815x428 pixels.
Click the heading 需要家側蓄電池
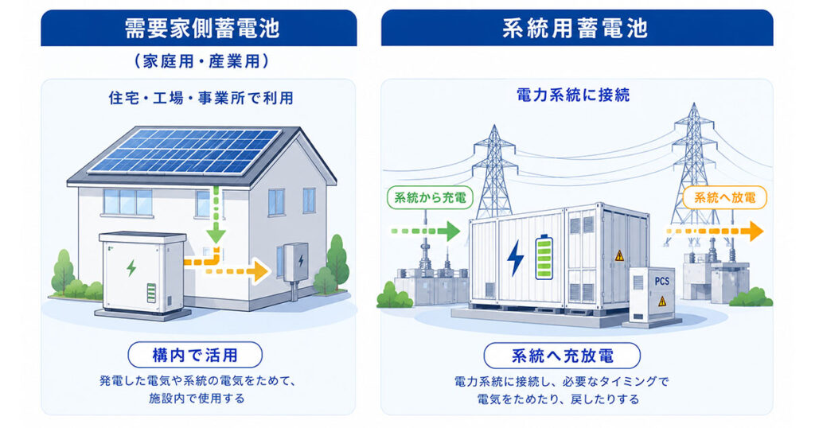click(201, 28)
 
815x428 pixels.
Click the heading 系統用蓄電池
click(575, 28)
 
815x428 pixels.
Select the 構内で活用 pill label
click(195, 356)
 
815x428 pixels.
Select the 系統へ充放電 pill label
click(562, 356)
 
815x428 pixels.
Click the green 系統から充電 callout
click(430, 197)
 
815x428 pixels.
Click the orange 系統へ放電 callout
click(724, 198)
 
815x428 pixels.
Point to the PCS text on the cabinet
click(661, 281)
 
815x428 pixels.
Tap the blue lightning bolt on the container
click(516, 258)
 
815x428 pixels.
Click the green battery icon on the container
click(544, 257)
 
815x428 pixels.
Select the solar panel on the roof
click(185, 150)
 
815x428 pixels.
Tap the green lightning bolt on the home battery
click(131, 268)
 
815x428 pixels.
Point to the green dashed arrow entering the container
click(425, 232)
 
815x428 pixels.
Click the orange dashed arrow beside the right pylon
click(715, 232)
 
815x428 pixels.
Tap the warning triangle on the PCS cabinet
click(662, 301)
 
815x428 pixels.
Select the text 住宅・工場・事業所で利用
click(201, 98)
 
